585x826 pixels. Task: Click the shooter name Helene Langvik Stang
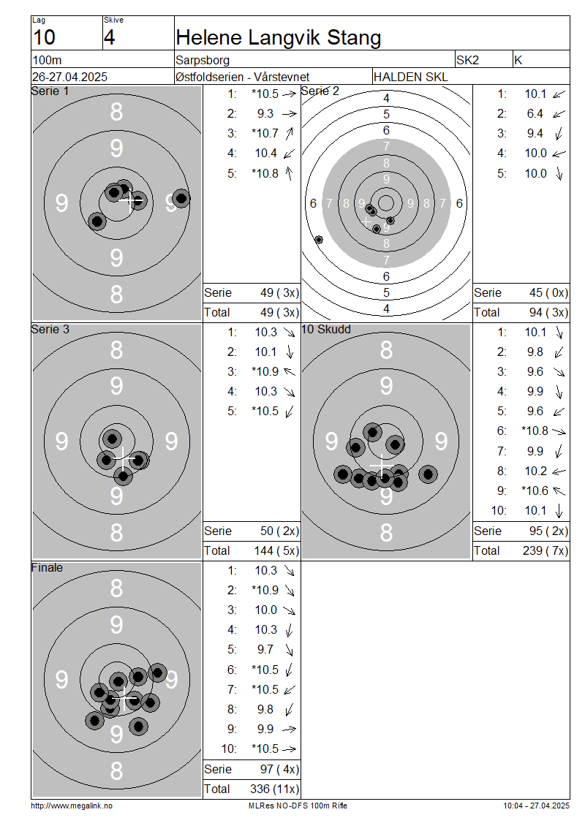(x=279, y=37)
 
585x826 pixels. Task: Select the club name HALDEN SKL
(x=410, y=77)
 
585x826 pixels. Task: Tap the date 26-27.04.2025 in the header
(x=69, y=77)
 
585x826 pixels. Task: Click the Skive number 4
(x=109, y=37)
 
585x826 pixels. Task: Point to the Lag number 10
(x=44, y=37)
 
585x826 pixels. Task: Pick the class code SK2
(x=467, y=60)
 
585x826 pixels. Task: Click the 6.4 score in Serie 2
(x=535, y=114)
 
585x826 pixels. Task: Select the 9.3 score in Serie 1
(x=265, y=114)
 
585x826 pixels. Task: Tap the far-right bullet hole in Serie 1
(x=181, y=199)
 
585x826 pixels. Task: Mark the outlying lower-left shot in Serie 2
(x=319, y=240)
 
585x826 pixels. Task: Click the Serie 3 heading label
(x=50, y=329)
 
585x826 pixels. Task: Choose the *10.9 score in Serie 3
(x=265, y=371)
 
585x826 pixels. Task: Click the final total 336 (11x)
(x=274, y=789)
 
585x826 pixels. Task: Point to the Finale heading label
(x=47, y=567)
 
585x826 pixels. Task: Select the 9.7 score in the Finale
(x=265, y=650)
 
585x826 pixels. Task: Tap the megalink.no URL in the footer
(x=72, y=806)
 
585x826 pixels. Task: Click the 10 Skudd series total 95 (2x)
(x=548, y=531)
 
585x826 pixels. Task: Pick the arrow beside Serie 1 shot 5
(x=289, y=173)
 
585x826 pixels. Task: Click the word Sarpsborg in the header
(x=203, y=60)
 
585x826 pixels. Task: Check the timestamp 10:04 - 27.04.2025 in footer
(x=536, y=806)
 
